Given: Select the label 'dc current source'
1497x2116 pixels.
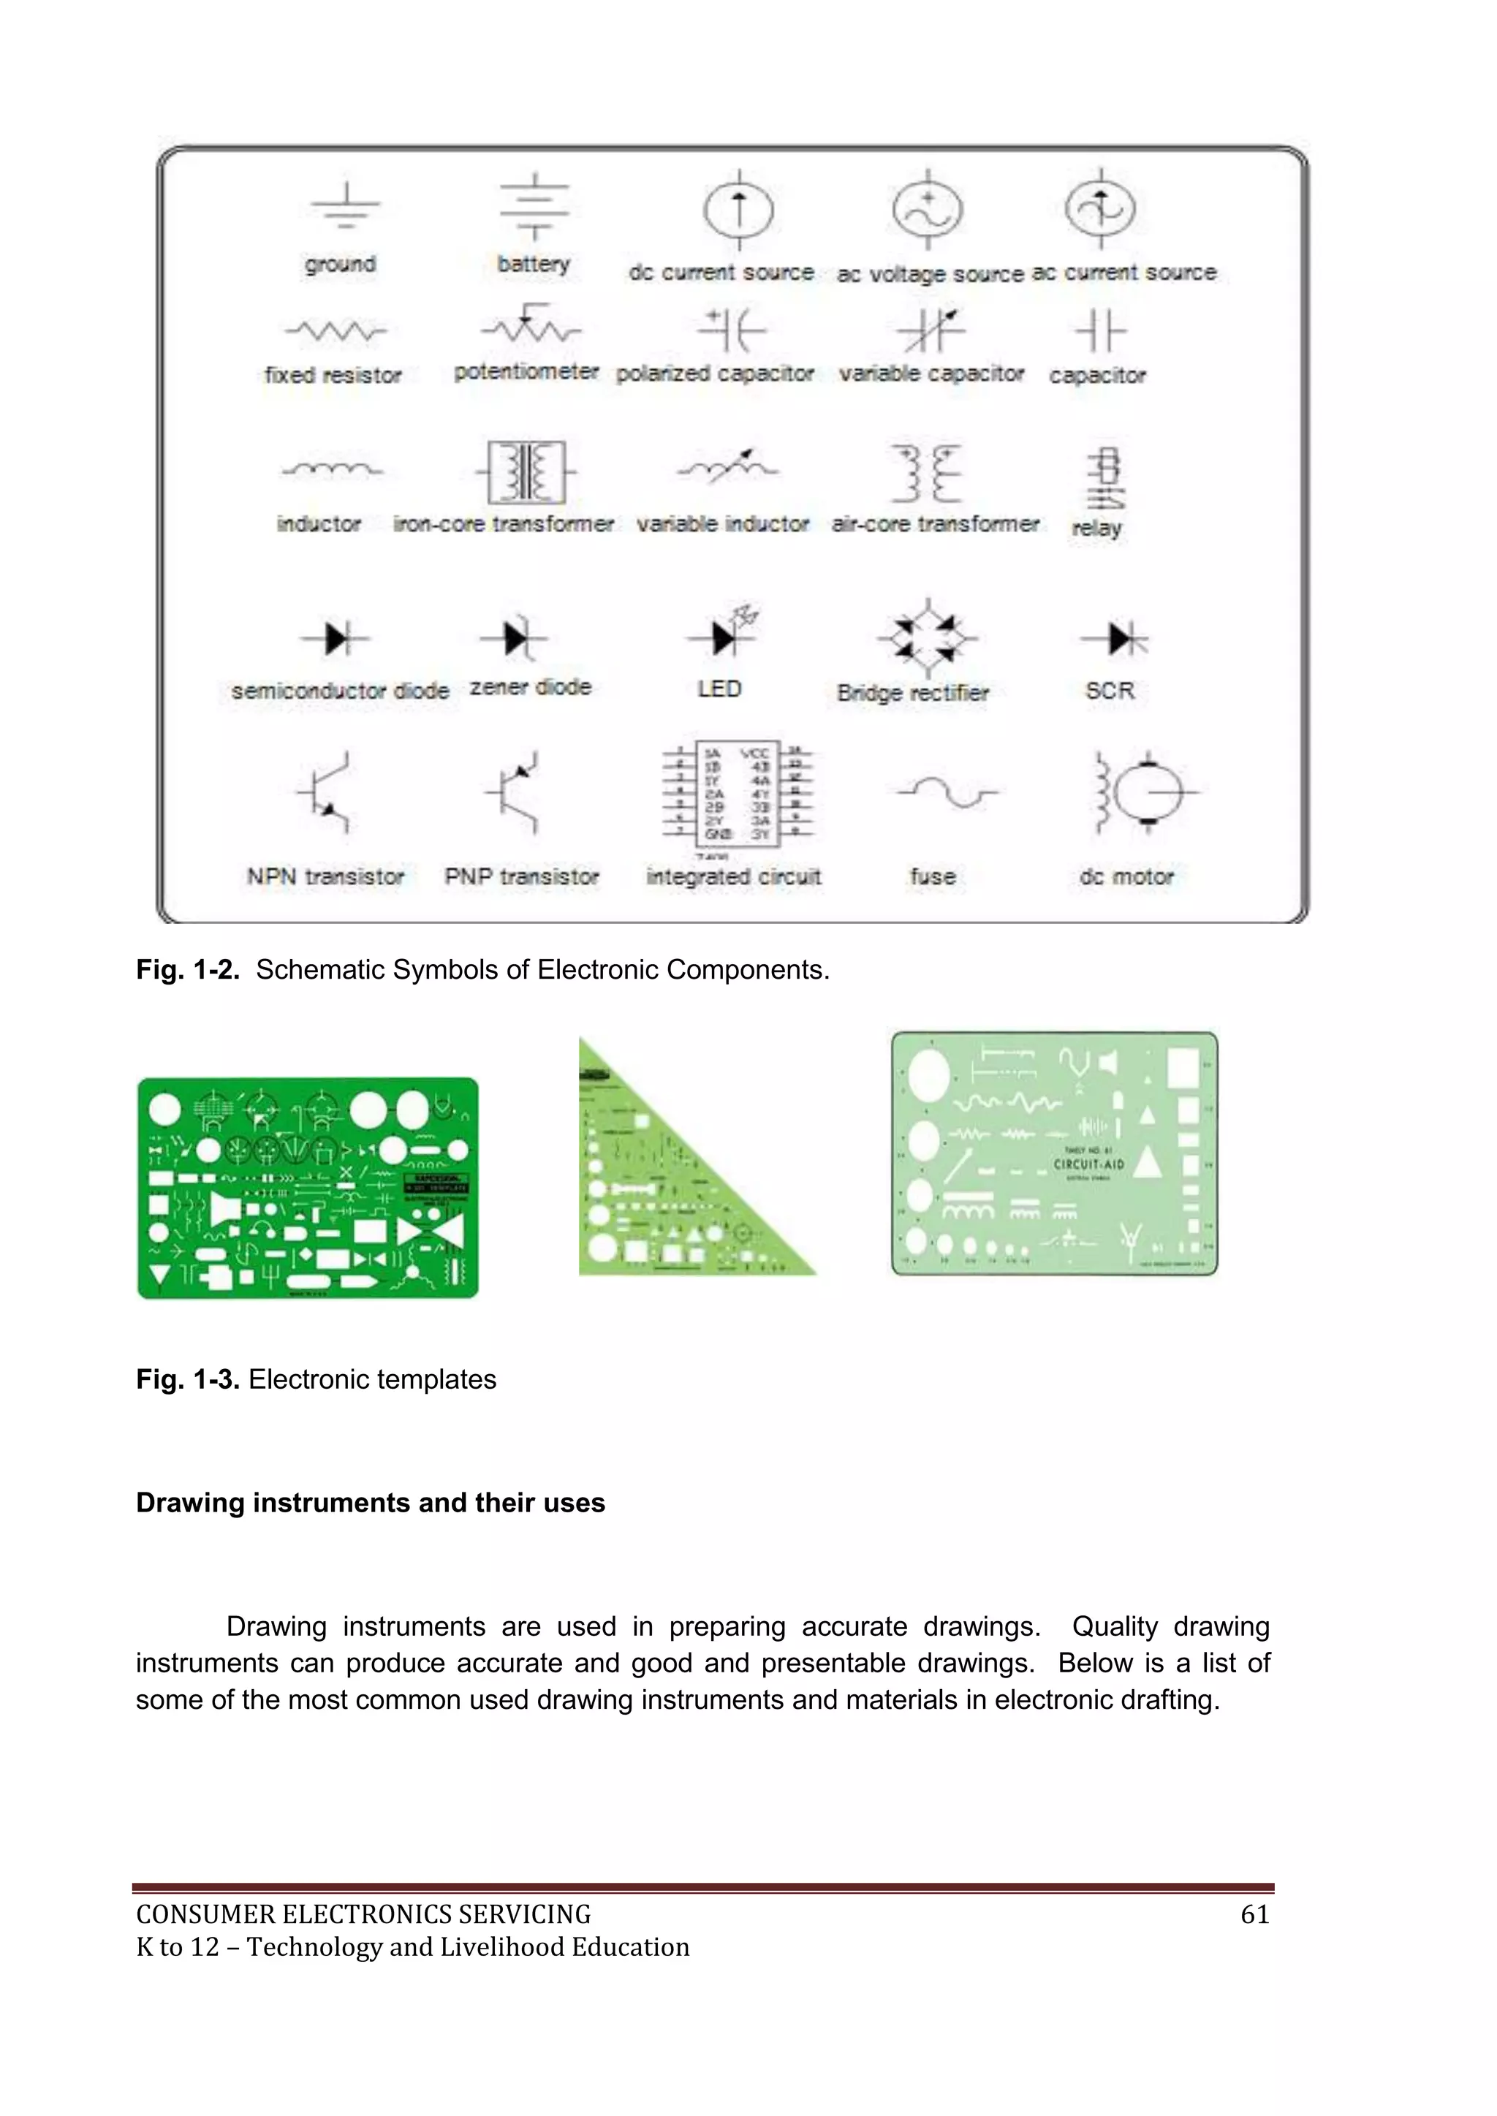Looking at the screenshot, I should click(721, 273).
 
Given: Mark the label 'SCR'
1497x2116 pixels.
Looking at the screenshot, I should click(1109, 691).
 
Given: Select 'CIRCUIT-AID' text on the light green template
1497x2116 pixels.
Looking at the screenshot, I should click(1088, 1164).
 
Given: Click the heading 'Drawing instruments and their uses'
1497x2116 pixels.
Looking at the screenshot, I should click(371, 1503).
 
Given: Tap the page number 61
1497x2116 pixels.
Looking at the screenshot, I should click(1254, 1915).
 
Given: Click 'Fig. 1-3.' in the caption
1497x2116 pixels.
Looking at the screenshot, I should click(188, 1380).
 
